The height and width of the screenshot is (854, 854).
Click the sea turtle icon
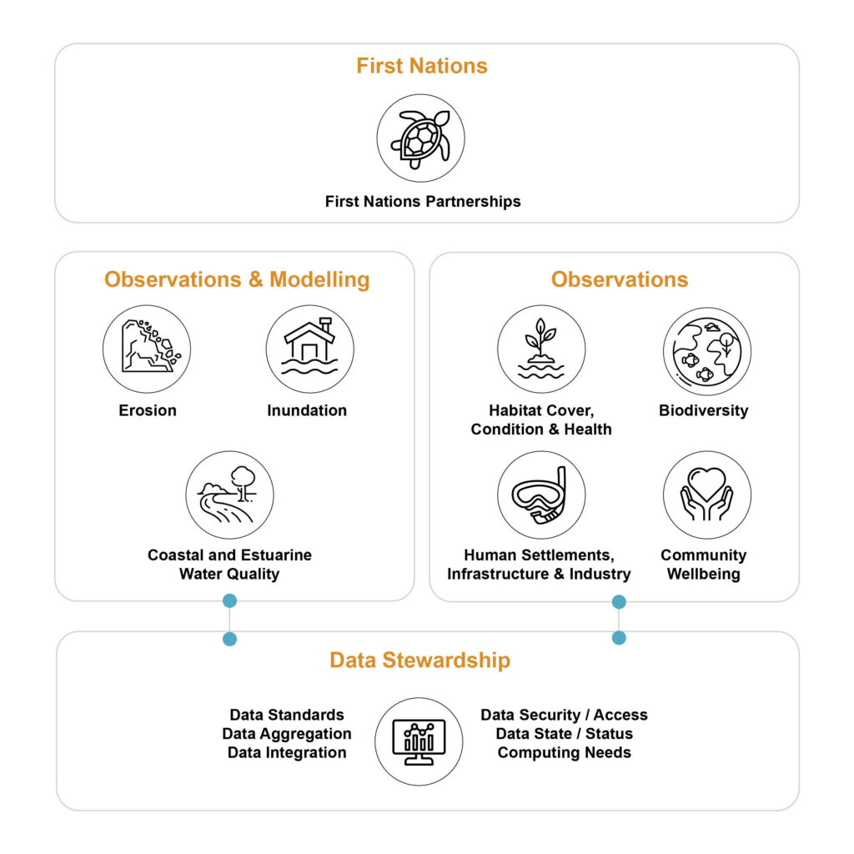coord(420,138)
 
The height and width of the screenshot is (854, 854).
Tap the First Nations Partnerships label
coord(423,202)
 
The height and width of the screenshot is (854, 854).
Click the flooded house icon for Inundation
coord(310,349)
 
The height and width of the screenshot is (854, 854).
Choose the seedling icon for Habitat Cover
coord(541,349)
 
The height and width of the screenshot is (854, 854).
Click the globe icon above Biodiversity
coord(707,351)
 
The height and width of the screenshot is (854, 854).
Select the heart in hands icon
coord(707,495)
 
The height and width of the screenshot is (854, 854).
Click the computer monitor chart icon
coord(419,741)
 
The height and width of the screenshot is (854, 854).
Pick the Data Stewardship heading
coord(420,661)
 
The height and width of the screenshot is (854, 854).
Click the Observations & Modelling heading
coord(237,279)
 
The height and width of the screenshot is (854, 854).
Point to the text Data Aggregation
coord(287,734)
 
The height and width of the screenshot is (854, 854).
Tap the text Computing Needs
coord(565,753)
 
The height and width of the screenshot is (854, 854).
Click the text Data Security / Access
coord(565,715)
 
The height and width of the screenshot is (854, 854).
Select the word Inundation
coord(307,410)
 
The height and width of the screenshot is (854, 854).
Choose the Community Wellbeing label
coord(704,565)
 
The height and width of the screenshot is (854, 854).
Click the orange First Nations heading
coord(421,66)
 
